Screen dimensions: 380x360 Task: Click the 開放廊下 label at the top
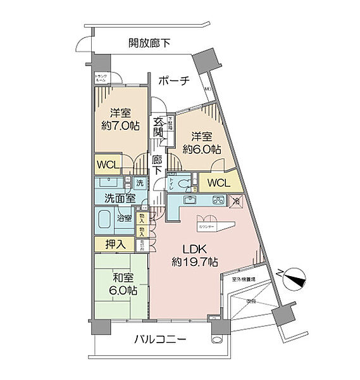click(x=149, y=43)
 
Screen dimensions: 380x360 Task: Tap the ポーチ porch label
click(x=174, y=80)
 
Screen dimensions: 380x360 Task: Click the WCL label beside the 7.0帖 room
click(x=108, y=165)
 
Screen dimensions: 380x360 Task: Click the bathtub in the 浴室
click(x=107, y=220)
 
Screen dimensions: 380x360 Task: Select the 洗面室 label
click(x=120, y=198)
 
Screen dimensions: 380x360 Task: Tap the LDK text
click(x=194, y=248)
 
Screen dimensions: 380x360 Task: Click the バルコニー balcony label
click(x=160, y=340)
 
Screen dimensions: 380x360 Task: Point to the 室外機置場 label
click(x=243, y=279)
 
